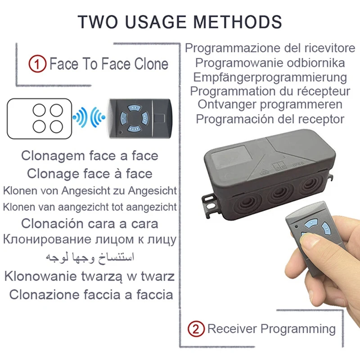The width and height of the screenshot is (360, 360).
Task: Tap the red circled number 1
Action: [x=38, y=64]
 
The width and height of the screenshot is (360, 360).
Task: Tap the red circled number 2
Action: [x=195, y=328]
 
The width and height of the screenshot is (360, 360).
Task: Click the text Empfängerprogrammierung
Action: [x=270, y=77]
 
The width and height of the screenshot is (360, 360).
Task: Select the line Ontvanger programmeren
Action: [x=270, y=105]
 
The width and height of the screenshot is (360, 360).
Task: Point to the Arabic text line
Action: [x=90, y=257]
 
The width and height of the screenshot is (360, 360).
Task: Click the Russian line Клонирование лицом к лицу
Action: [x=90, y=239]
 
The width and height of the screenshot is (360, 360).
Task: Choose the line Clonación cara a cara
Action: [x=90, y=223]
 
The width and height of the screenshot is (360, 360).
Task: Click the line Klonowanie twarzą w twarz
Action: [x=90, y=275]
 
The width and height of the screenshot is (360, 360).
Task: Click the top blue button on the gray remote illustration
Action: [x=132, y=108]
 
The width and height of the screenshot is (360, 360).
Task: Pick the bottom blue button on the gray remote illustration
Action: [x=132, y=129]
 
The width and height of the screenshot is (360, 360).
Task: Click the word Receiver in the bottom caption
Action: [x=232, y=328]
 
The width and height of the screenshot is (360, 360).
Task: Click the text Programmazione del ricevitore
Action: [x=270, y=48]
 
